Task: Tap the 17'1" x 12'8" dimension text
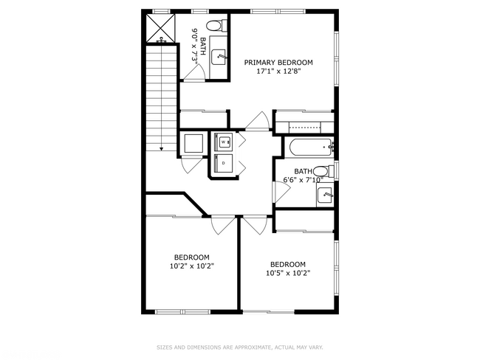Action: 278,72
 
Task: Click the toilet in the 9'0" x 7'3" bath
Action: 214,27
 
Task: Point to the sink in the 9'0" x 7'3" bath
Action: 219,55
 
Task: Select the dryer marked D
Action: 224,162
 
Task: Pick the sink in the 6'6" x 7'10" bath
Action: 325,195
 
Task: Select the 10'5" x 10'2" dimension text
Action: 287,273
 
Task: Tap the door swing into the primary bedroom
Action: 258,121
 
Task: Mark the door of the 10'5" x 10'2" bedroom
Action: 255,225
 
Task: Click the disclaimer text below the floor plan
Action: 240,347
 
